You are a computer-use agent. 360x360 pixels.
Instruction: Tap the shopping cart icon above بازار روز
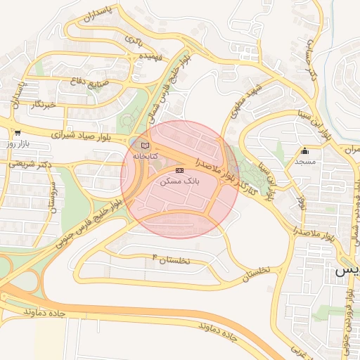(16, 132)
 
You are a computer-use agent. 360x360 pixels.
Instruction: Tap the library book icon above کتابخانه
(145, 145)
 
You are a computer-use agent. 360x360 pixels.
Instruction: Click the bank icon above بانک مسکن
(179, 170)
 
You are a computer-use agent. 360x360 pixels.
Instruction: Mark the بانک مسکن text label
(179, 181)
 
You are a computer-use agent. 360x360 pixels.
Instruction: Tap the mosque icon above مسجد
(304, 150)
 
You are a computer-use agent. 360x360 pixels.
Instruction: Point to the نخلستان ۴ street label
(171, 259)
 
